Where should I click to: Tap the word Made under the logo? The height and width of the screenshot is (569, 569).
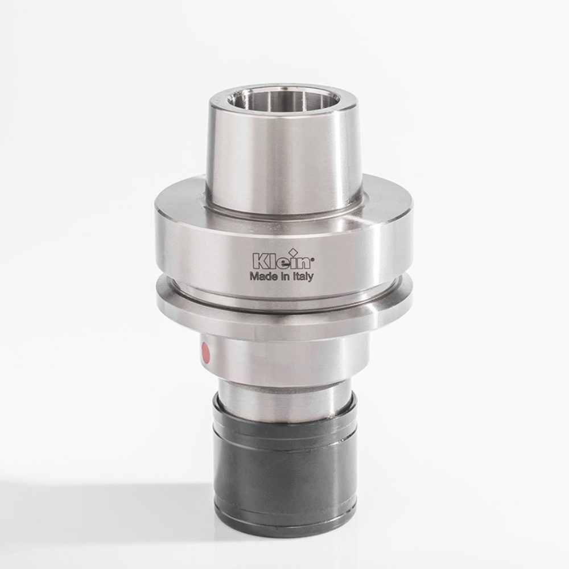[x=262, y=277]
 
